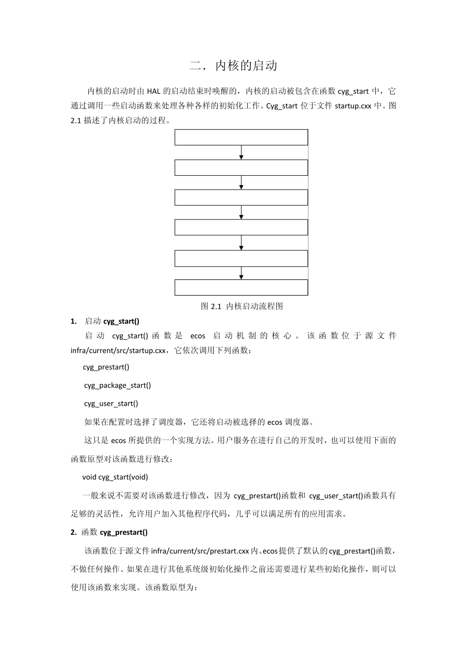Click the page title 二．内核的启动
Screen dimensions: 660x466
pyautogui.click(x=233, y=66)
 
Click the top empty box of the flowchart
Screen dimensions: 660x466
pyautogui.click(x=241, y=137)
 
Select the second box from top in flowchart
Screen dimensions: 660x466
pyautogui.click(x=241, y=168)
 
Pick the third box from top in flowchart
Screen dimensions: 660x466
pyautogui.click(x=241, y=197)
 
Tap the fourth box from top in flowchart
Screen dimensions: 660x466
pyautogui.click(x=241, y=227)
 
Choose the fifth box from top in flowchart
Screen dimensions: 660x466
pyautogui.click(x=241, y=258)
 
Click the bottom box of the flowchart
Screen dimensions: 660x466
pyautogui.click(x=241, y=287)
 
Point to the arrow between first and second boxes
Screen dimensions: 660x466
pyautogui.click(x=241, y=152)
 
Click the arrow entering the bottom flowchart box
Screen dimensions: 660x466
pyautogui.click(x=241, y=273)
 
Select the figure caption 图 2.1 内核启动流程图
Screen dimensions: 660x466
pyautogui.click(x=242, y=306)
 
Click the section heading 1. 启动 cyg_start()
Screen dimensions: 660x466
pyautogui.click(x=105, y=322)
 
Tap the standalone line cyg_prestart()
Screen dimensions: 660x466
pyautogui.click(x=106, y=367)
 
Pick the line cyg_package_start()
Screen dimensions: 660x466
pyautogui.click(x=117, y=385)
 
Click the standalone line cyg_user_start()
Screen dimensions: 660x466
pyautogui.click(x=111, y=404)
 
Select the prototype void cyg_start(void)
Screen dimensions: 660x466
pyautogui.click(x=115, y=477)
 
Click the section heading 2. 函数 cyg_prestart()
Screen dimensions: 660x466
pyautogui.click(x=109, y=532)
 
